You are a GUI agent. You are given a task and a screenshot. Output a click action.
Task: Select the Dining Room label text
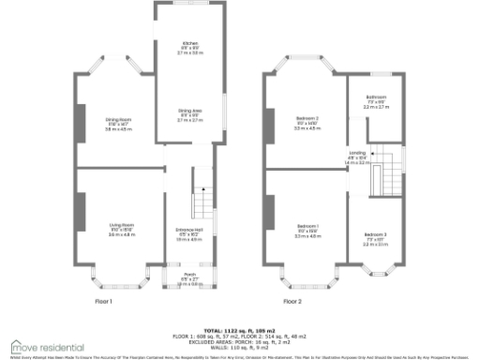(x=119, y=122)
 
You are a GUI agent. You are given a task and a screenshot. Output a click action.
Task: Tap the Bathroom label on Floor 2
(x=377, y=99)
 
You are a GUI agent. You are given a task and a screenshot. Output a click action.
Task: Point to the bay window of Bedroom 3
(x=375, y=275)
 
